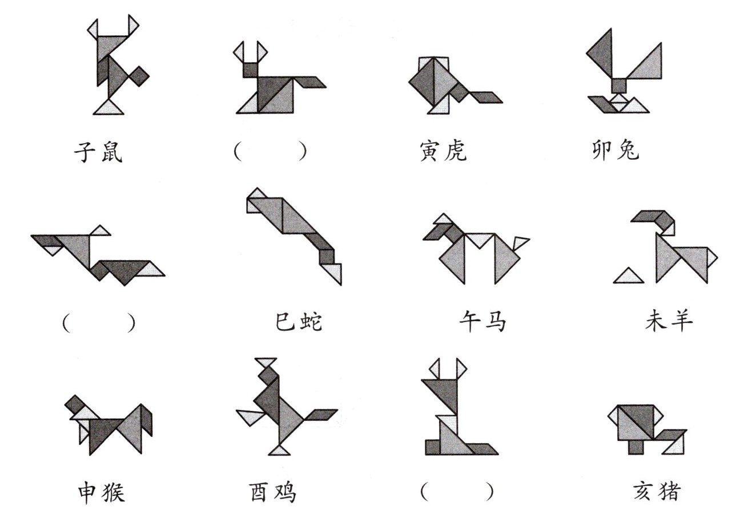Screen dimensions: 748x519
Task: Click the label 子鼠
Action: coord(98,152)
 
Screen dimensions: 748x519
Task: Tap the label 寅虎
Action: coord(442,151)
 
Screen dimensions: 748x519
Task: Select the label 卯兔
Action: coord(616,150)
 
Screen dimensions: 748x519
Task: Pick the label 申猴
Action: coord(100,492)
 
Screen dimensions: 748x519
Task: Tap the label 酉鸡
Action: coord(273,492)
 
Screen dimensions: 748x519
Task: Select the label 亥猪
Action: coord(657,491)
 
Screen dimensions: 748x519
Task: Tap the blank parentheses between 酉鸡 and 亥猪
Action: coord(456,491)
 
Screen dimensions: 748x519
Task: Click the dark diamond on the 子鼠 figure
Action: coord(139,74)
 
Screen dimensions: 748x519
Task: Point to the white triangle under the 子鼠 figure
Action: coord(109,108)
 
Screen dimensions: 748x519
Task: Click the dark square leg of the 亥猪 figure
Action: coord(636,447)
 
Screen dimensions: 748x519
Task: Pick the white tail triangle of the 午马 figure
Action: coord(520,244)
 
